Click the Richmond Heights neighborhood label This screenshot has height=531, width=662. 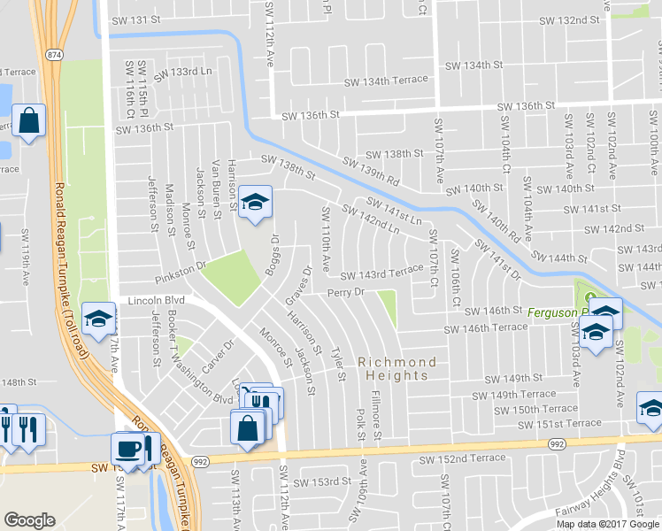point(397,369)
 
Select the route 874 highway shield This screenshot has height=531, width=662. point(55,54)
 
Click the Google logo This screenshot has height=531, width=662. point(30,520)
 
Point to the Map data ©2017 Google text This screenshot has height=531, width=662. point(608,523)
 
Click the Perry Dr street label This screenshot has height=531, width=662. point(346,291)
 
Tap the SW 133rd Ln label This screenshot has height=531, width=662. point(183,74)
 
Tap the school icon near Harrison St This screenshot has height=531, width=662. point(255,203)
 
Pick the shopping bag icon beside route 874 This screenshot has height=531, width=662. point(29,121)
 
